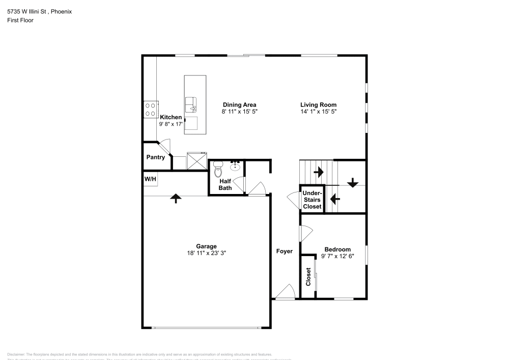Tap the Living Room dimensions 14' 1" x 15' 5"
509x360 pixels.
point(318,111)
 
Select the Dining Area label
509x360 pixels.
point(239,105)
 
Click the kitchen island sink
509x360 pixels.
point(191,104)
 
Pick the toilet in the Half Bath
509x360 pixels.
point(218,168)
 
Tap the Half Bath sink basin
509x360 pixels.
point(236,167)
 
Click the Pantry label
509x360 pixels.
point(156,157)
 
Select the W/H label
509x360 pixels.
point(150,179)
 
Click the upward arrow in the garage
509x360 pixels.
point(176,199)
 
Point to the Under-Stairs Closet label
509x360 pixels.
point(312,200)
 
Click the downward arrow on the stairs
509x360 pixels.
point(352,182)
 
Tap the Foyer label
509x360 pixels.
point(285,251)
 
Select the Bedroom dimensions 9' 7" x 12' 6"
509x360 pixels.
point(337,256)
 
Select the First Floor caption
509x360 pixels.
point(20,20)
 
